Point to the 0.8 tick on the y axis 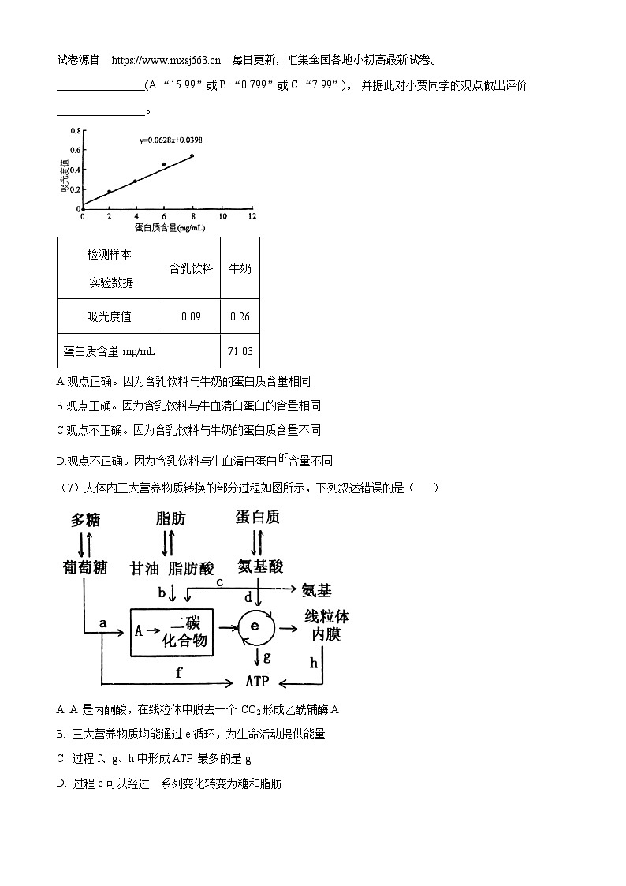coord(75,131)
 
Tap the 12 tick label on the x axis coord(251,215)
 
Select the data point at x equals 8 coord(192,156)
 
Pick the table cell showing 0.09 coord(191,316)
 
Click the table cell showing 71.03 coord(240,351)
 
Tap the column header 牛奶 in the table coord(240,268)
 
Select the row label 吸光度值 coord(110,316)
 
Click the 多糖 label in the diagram coord(86,520)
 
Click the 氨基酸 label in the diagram coord(259,566)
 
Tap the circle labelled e coord(255,626)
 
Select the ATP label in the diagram coord(258,681)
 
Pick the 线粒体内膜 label coord(326,625)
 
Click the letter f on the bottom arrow coord(179,672)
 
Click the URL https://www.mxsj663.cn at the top coord(166,60)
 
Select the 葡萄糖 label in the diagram coord(86,566)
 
